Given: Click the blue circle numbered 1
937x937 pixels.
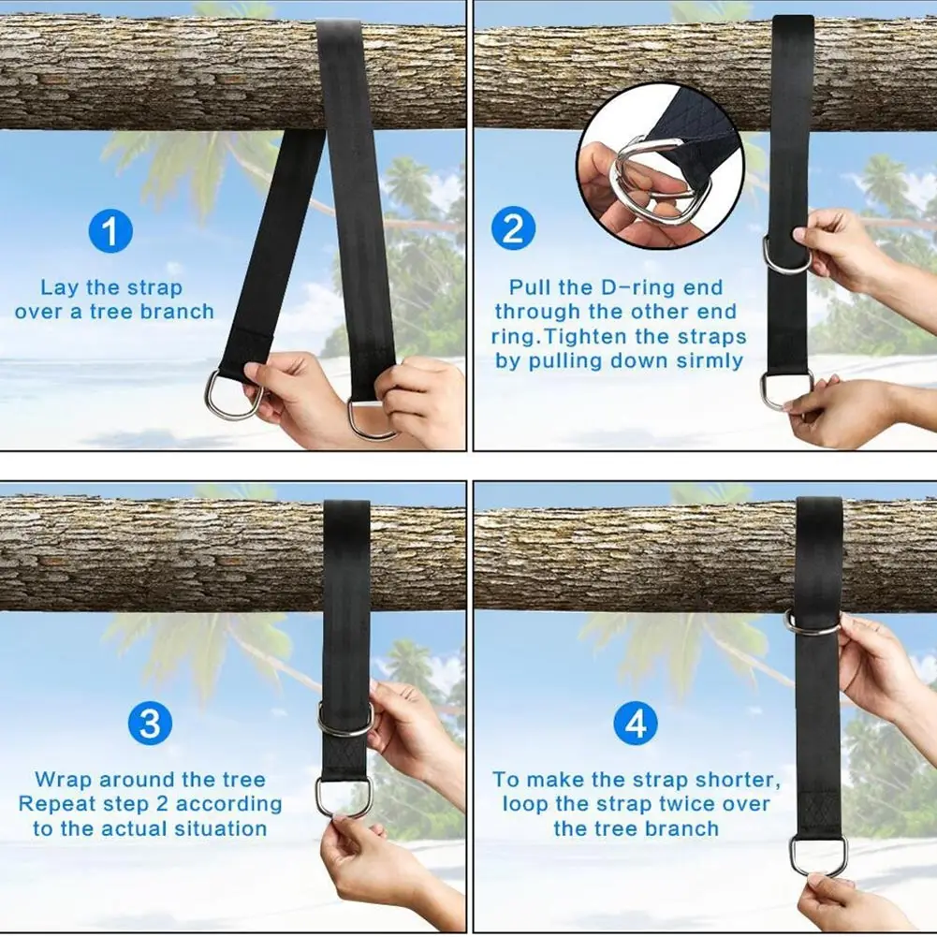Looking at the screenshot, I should tap(110, 232).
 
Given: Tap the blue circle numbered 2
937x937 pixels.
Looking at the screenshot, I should tap(514, 229).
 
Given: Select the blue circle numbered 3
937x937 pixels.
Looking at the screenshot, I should tap(149, 724).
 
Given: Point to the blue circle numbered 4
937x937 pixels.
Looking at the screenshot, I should tap(636, 724).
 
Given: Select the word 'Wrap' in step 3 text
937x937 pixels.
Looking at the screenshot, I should tap(64, 780).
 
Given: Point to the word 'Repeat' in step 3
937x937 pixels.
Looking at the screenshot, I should tap(55, 804).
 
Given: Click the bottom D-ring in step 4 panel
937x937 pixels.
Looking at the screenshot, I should tap(817, 856).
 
